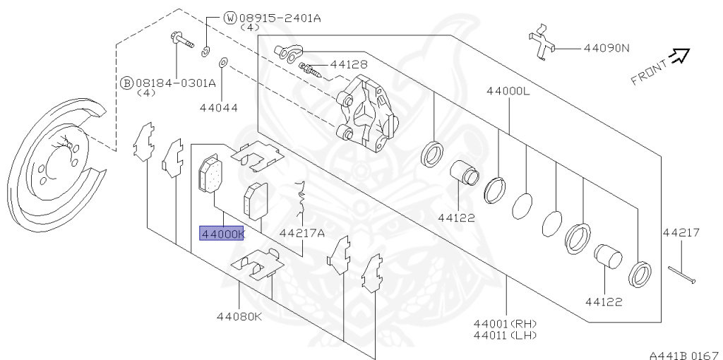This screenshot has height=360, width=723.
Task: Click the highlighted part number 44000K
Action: [222, 234]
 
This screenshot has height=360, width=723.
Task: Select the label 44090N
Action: [606, 49]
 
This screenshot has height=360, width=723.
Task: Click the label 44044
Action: [218, 109]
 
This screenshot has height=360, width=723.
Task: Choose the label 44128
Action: [349, 64]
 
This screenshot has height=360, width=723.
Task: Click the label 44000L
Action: [507, 91]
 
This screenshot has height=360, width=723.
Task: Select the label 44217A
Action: [301, 234]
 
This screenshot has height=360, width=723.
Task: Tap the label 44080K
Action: [239, 316]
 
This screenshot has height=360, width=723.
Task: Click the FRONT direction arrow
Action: [679, 56]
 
